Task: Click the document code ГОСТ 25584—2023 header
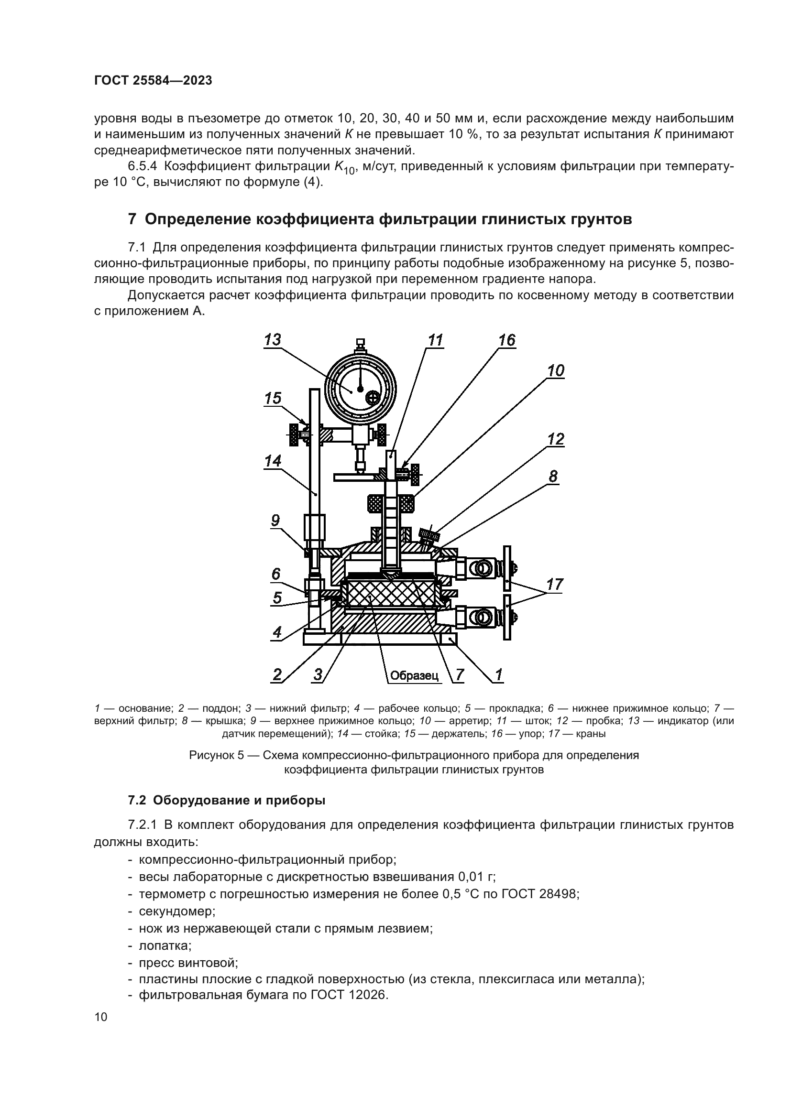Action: [153, 81]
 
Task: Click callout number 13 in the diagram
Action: [272, 339]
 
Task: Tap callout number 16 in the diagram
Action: [506, 340]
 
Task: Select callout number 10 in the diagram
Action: [555, 370]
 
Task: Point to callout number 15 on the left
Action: [273, 398]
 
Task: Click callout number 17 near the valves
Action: [555, 584]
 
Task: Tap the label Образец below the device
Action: [414, 675]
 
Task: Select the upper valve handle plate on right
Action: [507, 567]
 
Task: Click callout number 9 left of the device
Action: [275, 521]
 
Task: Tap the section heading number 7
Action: [132, 219]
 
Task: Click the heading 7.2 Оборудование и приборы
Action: [227, 801]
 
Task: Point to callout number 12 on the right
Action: [555, 439]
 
